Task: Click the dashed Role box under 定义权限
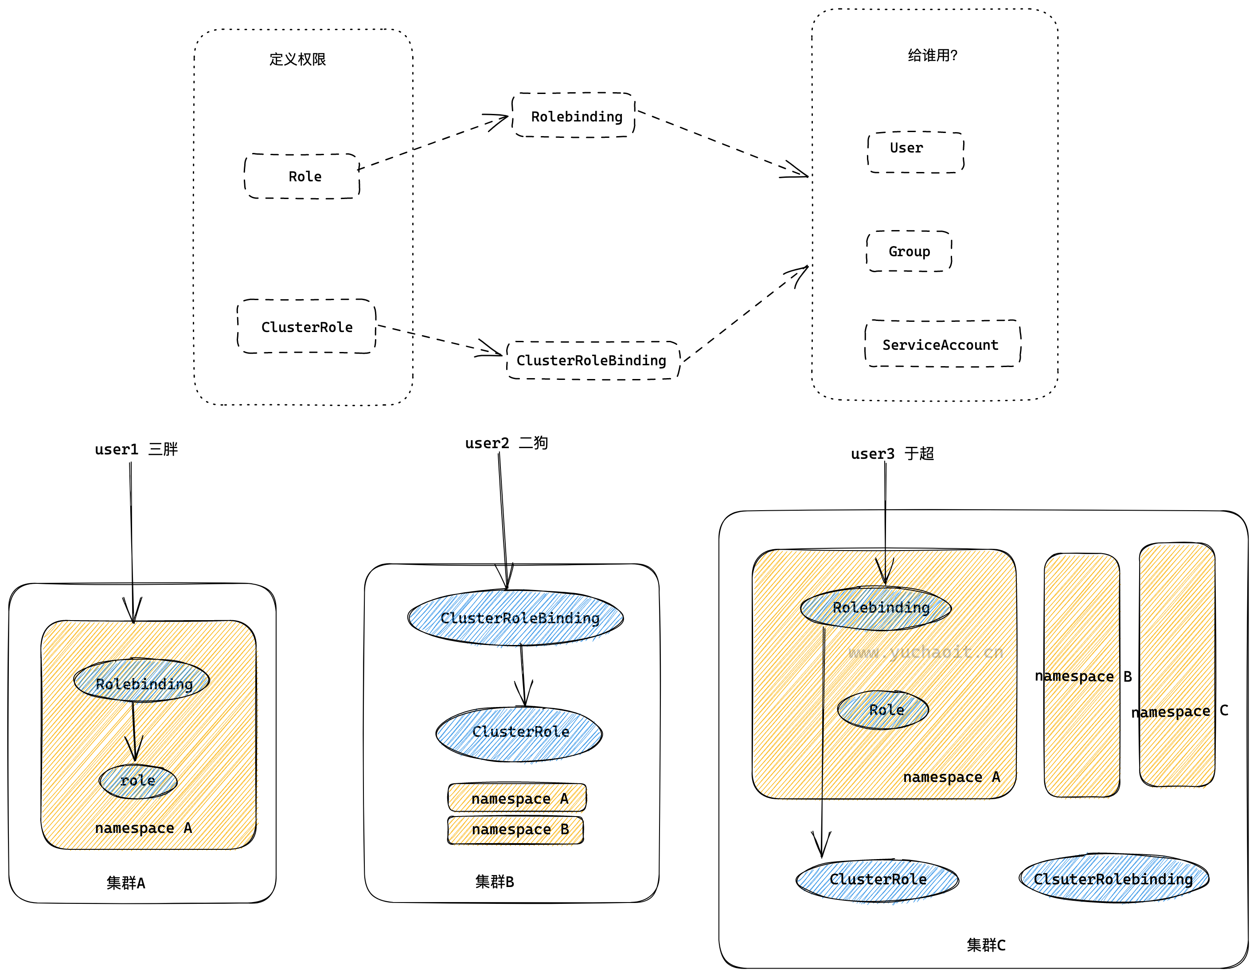[303, 176]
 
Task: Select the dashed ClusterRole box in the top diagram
[307, 326]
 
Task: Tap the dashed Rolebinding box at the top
[574, 116]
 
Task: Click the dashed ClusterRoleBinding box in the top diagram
[592, 360]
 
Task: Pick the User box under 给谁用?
[915, 152]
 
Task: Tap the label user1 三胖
[137, 449]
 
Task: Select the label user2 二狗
[507, 443]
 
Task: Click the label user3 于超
[892, 453]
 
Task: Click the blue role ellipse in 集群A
[138, 781]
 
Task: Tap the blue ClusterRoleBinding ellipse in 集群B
[515, 618]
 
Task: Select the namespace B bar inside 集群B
[515, 830]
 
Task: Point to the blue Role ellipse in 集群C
[883, 709]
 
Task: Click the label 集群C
[986, 945]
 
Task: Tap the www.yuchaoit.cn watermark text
[925, 652]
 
